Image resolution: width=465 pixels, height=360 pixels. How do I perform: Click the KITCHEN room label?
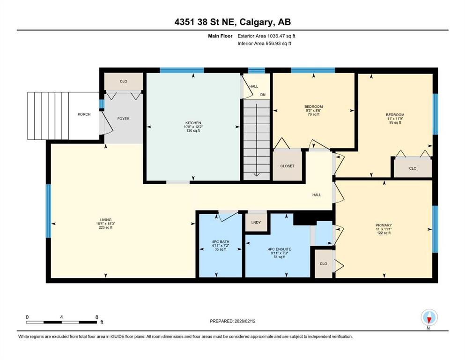(192, 123)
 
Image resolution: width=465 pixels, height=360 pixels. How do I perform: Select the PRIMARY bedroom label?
(384, 225)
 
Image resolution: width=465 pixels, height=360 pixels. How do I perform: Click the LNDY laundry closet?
(256, 222)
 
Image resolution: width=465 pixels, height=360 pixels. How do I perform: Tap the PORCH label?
(84, 114)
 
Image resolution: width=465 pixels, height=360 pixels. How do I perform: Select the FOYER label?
(123, 119)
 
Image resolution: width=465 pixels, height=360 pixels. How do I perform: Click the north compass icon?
(429, 317)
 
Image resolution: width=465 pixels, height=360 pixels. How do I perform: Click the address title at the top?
(232, 22)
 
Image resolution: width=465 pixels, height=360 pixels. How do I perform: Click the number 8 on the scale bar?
(96, 317)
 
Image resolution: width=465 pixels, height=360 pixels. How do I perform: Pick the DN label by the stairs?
(263, 95)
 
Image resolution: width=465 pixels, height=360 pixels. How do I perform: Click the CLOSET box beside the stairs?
(287, 165)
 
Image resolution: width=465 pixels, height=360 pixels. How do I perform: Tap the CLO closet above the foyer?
(124, 81)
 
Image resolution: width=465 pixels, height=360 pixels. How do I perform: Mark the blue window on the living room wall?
(48, 210)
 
